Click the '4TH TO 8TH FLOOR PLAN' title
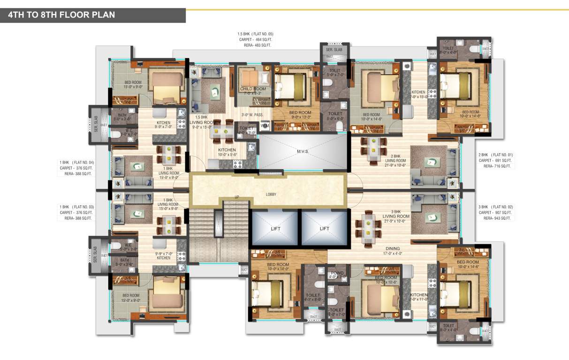[61, 15]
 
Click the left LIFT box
[275, 228]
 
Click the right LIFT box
[325, 228]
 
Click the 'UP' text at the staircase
[236, 197]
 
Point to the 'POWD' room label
[337, 273]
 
